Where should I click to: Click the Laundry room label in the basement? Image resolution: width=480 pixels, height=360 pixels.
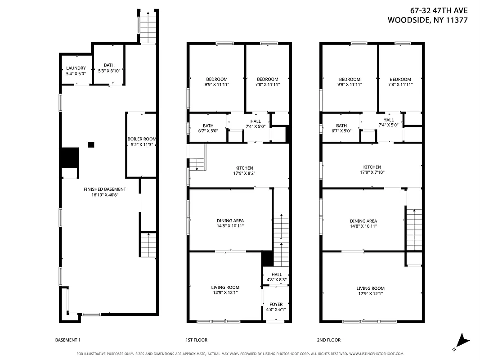[76, 71]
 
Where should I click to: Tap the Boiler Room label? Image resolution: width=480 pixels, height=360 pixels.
[141, 142]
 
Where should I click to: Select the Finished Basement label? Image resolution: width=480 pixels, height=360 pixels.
[105, 192]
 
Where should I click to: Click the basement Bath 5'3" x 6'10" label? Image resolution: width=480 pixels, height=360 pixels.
[109, 68]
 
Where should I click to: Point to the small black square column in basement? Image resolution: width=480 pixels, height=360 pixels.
[91, 144]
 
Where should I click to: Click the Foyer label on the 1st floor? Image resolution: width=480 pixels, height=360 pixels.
[276, 307]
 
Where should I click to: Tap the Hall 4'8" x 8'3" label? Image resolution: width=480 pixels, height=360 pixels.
[276, 277]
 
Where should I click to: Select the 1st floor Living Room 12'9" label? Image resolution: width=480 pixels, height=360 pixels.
[225, 290]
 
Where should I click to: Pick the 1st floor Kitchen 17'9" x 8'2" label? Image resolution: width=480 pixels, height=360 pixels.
[244, 171]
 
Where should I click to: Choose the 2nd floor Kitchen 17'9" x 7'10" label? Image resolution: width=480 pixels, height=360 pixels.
[372, 170]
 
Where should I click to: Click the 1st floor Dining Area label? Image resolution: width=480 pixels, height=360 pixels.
[230, 223]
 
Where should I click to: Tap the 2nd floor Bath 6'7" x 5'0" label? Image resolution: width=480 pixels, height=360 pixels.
[341, 128]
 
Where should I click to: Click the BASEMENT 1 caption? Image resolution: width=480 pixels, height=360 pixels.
[67, 340]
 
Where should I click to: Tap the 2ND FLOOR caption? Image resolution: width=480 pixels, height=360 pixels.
[329, 340]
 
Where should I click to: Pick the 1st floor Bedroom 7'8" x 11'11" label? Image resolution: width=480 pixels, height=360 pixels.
[268, 81]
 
